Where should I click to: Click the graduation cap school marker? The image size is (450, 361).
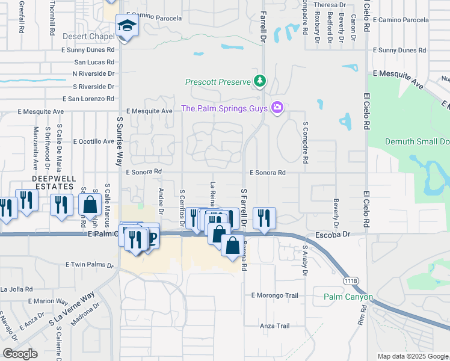pos(127,26)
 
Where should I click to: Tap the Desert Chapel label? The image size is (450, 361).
pos(88,37)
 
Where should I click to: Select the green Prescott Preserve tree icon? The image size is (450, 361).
pos(260,81)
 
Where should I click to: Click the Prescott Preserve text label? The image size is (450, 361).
pos(218,82)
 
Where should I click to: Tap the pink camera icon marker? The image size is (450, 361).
pos(277,108)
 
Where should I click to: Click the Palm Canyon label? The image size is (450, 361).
pos(348,297)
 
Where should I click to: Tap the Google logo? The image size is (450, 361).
pos(20,354)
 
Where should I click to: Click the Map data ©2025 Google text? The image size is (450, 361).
pos(413,356)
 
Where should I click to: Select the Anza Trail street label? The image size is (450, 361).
pos(274,326)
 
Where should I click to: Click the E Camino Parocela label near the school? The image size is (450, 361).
pos(155,18)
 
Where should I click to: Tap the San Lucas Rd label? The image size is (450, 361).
pos(94,62)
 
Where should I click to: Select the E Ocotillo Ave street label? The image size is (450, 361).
pos(93,142)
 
